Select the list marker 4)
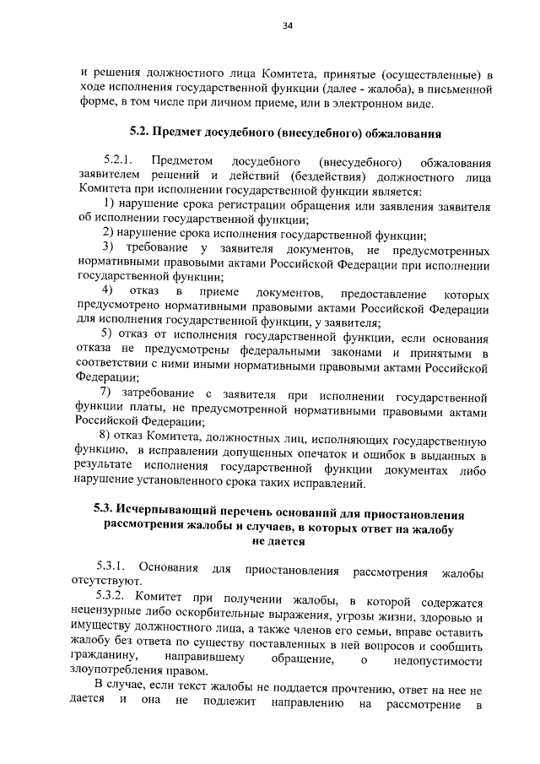click(108, 292)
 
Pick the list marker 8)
click(107, 436)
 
